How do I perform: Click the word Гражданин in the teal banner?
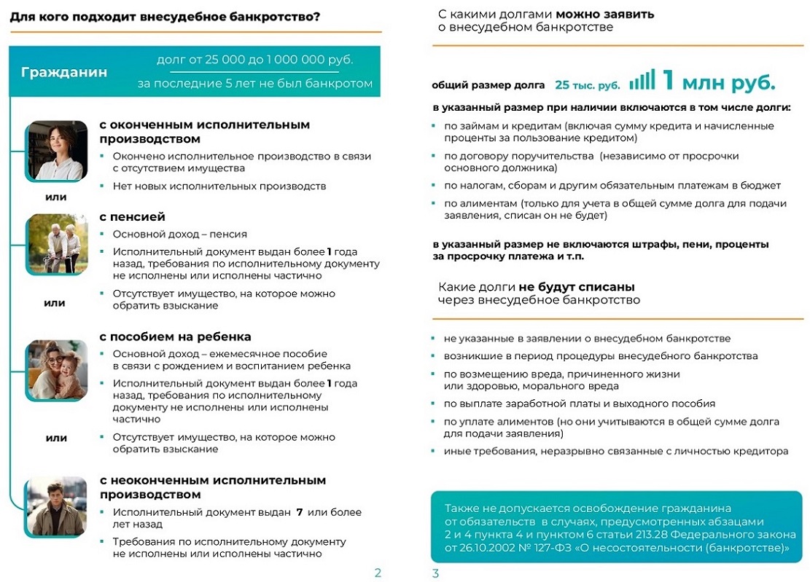click(x=64, y=72)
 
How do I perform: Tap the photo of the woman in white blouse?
click(x=57, y=150)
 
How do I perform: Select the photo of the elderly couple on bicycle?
click(x=57, y=244)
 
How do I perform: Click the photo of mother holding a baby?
click(x=57, y=369)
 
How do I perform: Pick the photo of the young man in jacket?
click(x=57, y=506)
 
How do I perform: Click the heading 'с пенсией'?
click(x=132, y=216)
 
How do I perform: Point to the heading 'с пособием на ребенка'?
click(x=175, y=337)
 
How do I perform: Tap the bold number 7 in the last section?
click(x=299, y=512)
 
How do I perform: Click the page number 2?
click(x=378, y=573)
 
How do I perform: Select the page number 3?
click(x=435, y=573)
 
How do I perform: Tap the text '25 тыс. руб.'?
click(x=587, y=85)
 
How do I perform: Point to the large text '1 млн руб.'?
click(x=717, y=82)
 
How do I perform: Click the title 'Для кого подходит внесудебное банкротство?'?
click(x=165, y=16)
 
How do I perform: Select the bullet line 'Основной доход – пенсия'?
click(x=179, y=234)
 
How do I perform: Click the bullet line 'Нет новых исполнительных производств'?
click(x=219, y=186)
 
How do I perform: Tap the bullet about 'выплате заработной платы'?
click(x=569, y=404)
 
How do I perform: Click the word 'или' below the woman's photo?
click(x=56, y=197)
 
